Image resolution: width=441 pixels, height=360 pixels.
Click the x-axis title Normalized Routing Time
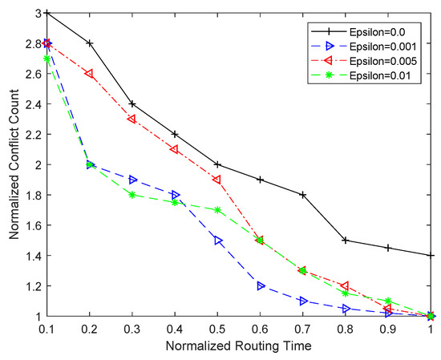239,347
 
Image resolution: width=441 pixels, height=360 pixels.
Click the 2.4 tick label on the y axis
30,104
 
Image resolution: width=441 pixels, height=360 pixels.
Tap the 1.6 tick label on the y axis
30,225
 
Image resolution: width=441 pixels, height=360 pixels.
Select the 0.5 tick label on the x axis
217,330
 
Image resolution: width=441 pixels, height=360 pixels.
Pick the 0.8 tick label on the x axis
346,330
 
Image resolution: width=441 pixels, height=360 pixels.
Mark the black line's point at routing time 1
431,255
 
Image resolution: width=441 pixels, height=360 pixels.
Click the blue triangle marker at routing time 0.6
260,285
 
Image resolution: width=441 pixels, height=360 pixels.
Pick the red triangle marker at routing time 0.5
217,180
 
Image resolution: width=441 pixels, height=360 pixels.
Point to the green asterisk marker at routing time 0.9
388,301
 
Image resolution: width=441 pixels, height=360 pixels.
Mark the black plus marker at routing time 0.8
346,240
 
